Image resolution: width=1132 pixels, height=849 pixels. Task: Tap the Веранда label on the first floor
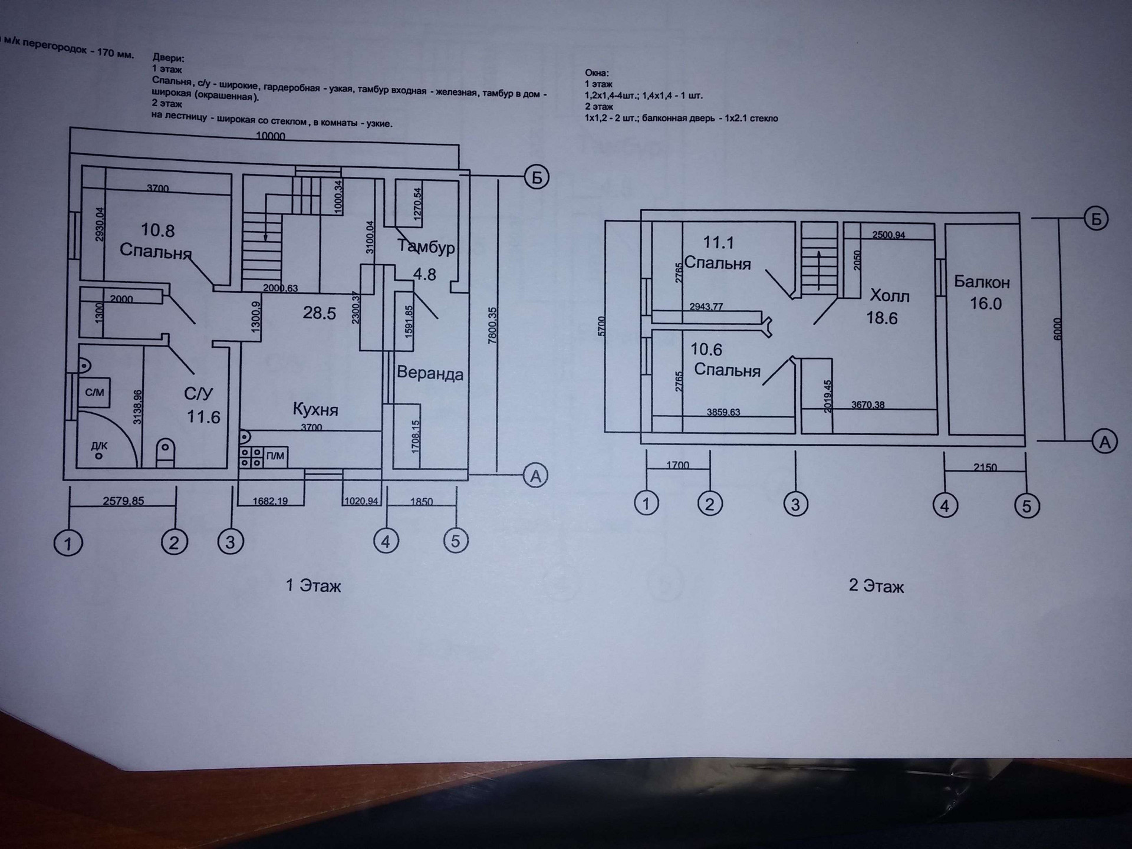coord(430,373)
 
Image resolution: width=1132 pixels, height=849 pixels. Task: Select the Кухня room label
coord(315,409)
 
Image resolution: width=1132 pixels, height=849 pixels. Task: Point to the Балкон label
coord(982,282)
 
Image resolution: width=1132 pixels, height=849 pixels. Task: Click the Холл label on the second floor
coord(890,295)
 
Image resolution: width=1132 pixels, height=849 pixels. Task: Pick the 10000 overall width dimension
coord(271,136)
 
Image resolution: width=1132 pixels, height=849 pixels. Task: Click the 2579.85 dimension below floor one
coord(123,501)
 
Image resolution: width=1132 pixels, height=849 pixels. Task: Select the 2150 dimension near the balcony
coord(985,468)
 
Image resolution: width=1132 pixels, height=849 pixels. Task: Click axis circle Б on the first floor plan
coord(537,177)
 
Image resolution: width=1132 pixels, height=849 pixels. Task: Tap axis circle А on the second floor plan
coord(1104,442)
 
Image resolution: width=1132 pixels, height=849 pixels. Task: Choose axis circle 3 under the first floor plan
coord(230,542)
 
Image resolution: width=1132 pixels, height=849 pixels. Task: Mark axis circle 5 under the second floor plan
coord(1026,506)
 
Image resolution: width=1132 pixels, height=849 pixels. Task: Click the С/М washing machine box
coord(94,393)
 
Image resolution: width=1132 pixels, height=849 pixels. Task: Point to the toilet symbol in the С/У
coord(166,453)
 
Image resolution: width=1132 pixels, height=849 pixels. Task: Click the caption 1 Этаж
coord(313,586)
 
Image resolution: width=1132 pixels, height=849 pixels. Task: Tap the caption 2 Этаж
coord(876,587)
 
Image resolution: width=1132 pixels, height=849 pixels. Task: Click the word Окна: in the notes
coord(597,73)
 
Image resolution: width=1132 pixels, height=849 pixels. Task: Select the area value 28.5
coord(319,313)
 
